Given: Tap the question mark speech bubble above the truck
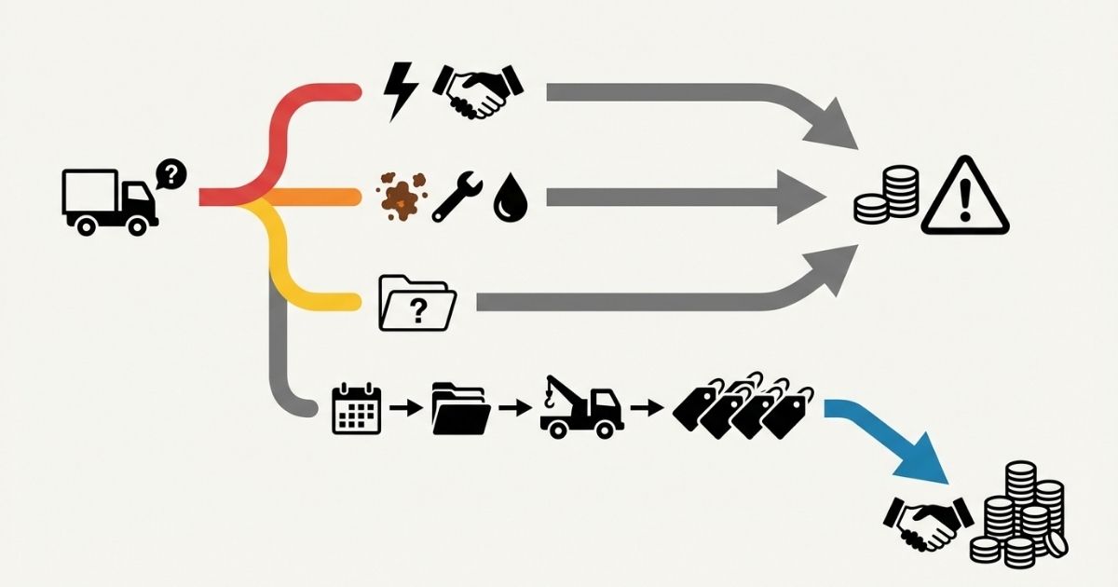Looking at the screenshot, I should pyautogui.click(x=171, y=173).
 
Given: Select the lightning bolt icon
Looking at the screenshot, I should pyautogui.click(x=402, y=91).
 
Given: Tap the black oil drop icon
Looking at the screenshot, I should pyautogui.click(x=509, y=198).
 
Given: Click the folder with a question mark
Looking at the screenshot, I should pyautogui.click(x=417, y=302).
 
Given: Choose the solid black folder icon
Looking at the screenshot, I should pyautogui.click(x=460, y=408).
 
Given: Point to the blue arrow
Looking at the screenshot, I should pyautogui.click(x=894, y=443).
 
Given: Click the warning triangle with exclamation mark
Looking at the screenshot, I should pyautogui.click(x=964, y=198).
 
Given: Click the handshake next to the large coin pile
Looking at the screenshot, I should pyautogui.click(x=927, y=523).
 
